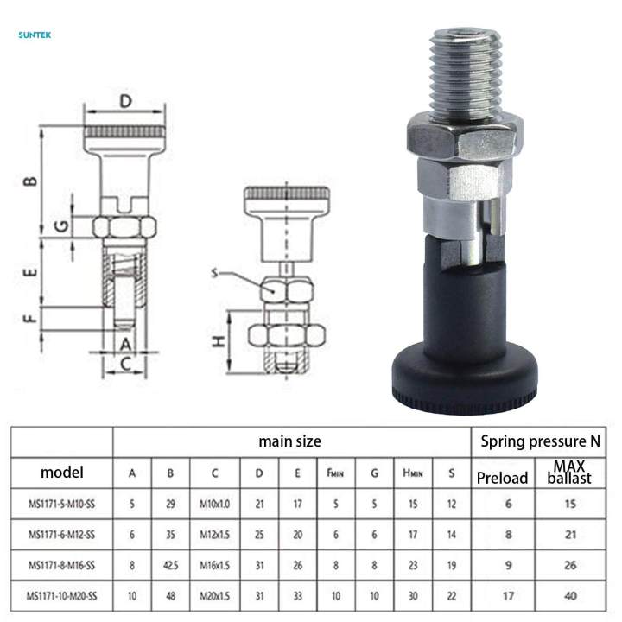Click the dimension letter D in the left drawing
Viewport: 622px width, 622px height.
tap(126, 102)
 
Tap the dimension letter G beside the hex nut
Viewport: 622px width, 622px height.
tap(61, 226)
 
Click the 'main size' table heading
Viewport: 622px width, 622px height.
tap(289, 441)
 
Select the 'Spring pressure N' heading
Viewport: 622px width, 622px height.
tap(541, 441)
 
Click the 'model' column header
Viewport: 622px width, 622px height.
tap(62, 473)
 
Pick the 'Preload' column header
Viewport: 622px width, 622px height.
tap(502, 478)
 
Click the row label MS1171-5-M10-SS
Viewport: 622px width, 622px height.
tap(61, 505)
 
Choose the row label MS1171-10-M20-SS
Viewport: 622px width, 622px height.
tap(61, 596)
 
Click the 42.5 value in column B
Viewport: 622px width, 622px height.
tap(170, 566)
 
